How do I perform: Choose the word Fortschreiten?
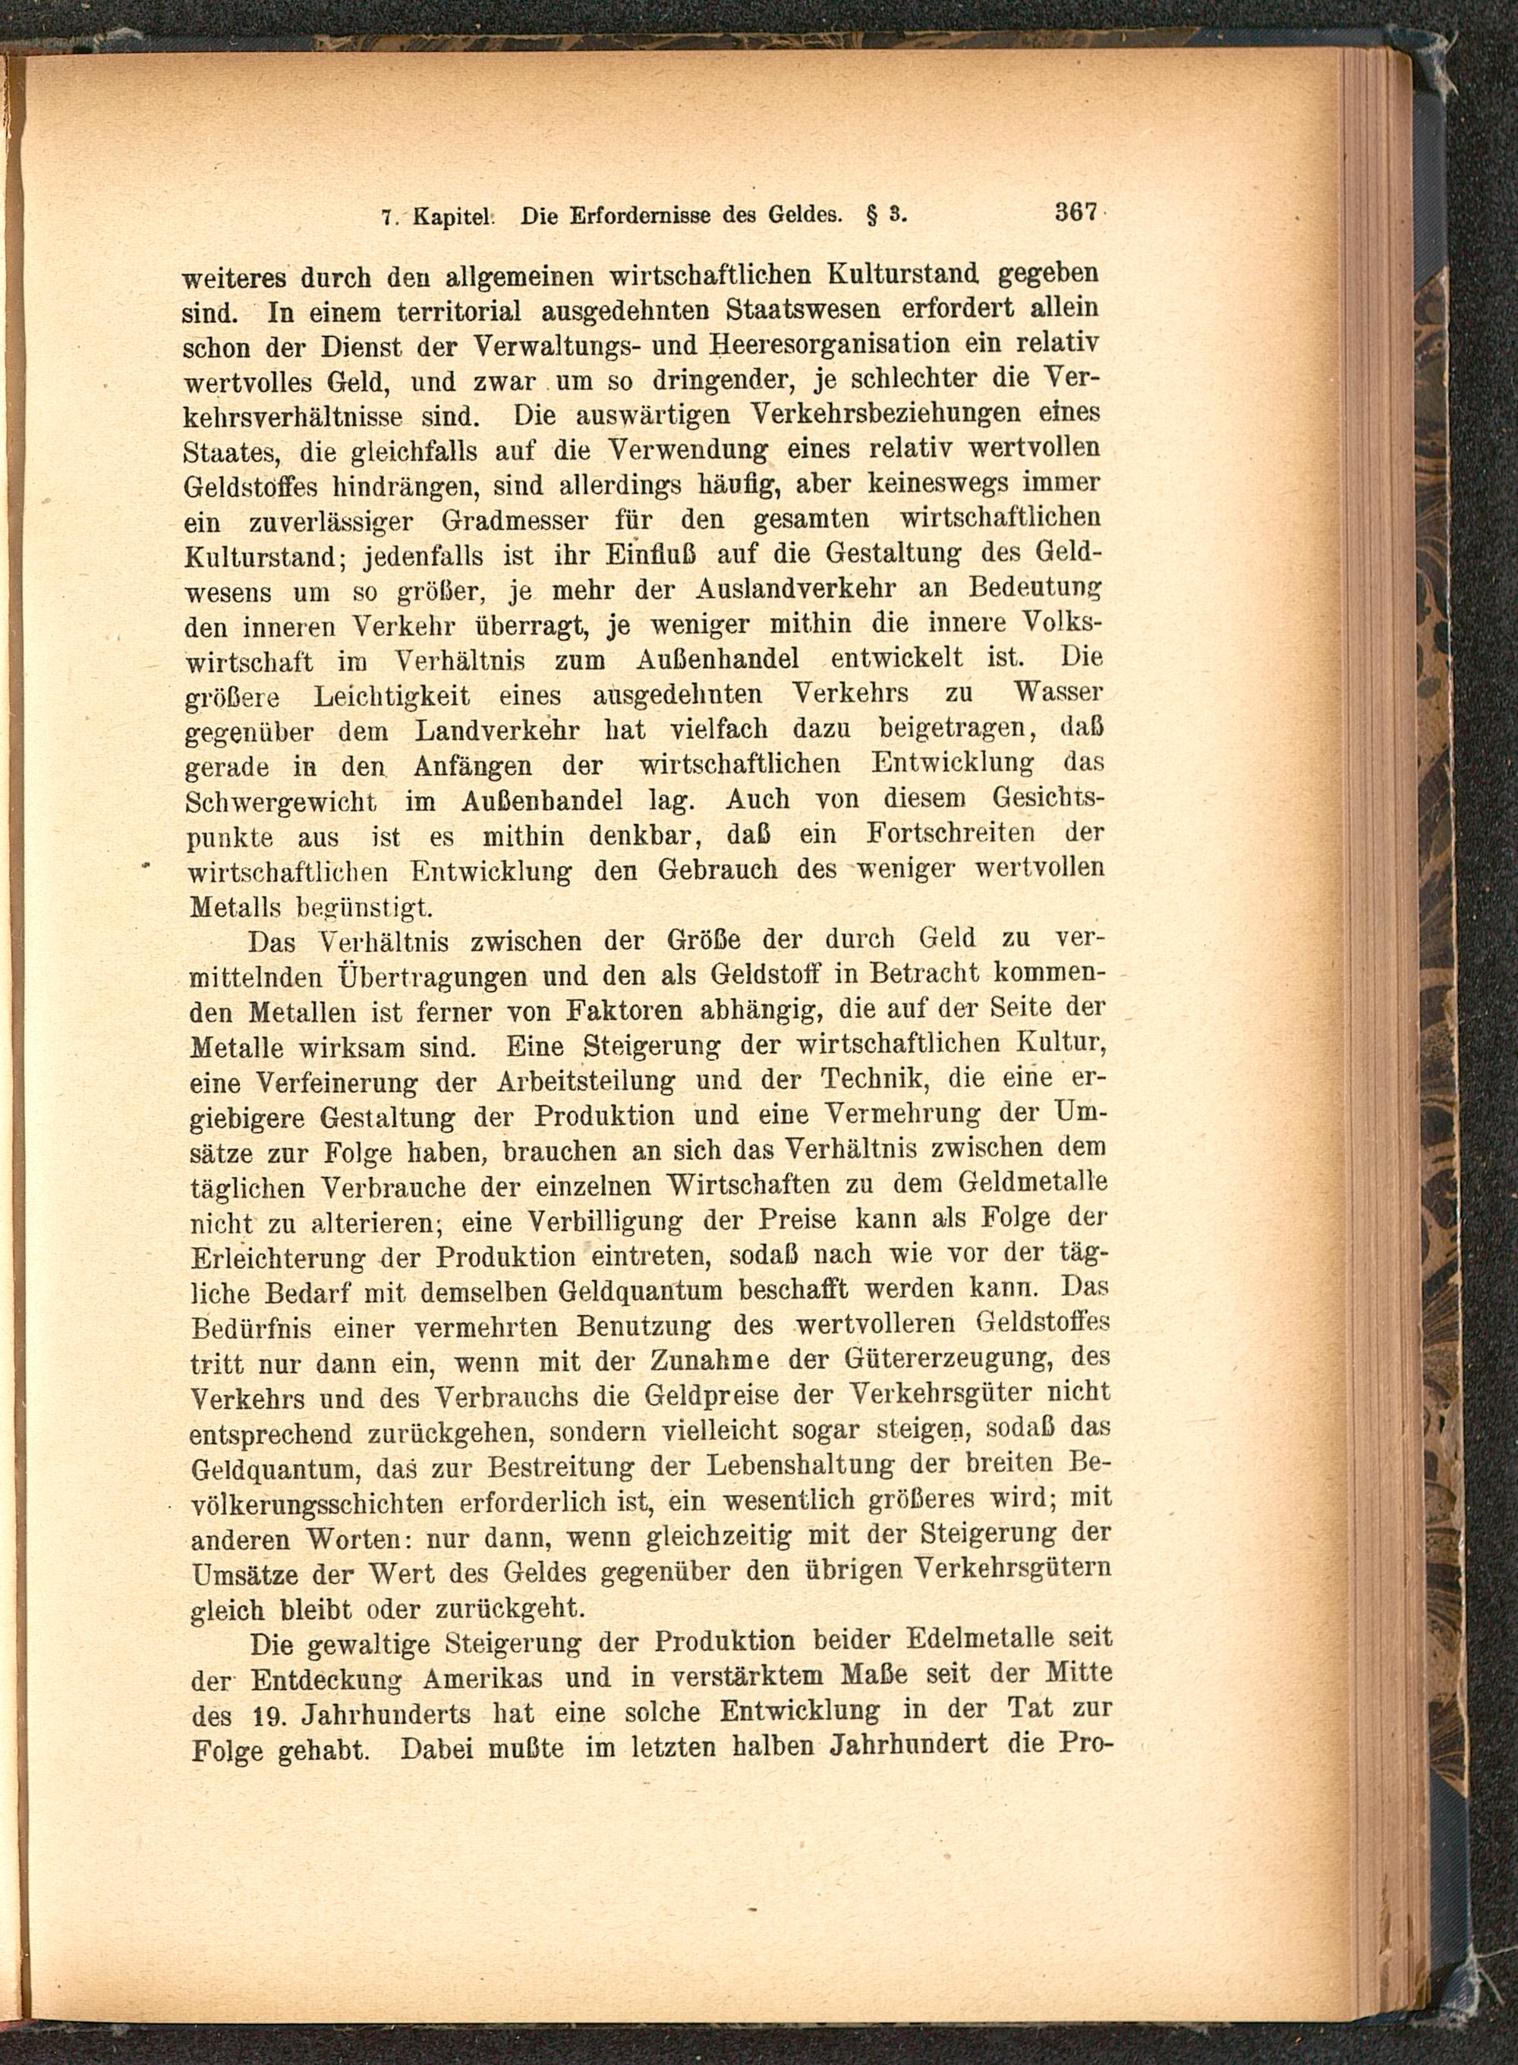pos(952,834)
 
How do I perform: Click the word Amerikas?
pos(483,1677)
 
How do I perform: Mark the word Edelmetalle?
pos(981,1641)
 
